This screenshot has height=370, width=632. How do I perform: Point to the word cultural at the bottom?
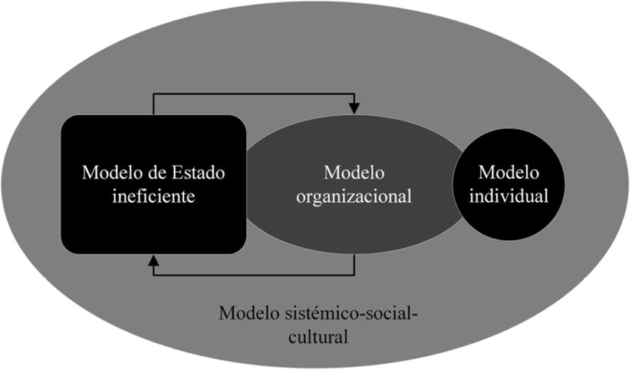315,336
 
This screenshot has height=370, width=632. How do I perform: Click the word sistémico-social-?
360,314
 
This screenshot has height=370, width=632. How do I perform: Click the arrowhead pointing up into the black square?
153,262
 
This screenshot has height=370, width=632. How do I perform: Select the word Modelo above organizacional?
354,170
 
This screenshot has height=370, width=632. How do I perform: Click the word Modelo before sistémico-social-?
249,314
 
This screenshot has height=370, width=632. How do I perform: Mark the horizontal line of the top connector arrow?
253,94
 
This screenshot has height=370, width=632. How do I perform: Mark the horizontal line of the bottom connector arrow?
253,274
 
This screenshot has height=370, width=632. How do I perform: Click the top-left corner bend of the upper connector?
153,94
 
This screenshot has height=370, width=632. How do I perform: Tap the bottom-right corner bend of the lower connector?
354,274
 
